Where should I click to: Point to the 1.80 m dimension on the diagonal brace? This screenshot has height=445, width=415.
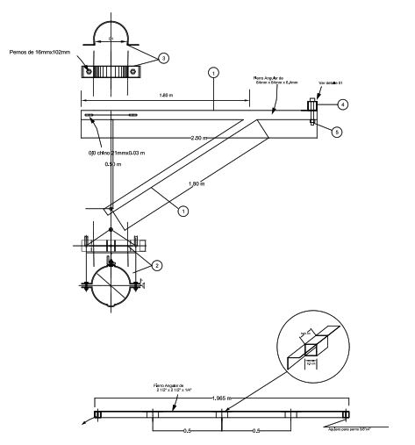tap(198, 183)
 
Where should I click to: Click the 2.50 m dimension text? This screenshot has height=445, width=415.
tap(200, 138)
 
